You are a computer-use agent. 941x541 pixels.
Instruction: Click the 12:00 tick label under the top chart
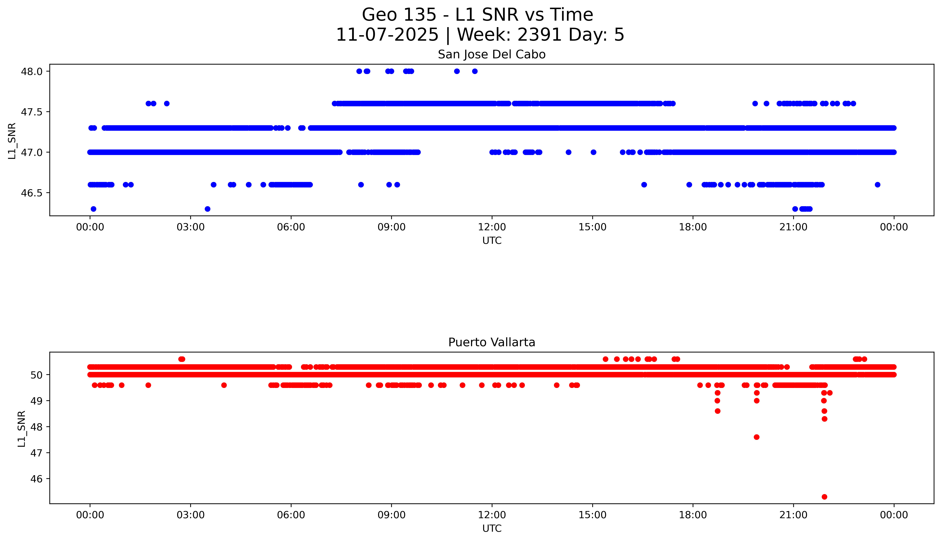(x=492, y=227)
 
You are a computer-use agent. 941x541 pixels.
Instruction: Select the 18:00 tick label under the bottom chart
(x=693, y=515)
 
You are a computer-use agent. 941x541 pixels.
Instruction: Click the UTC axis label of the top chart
(x=492, y=241)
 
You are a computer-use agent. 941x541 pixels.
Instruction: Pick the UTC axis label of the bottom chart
(x=492, y=528)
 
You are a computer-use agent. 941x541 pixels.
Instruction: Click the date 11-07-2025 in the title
(x=387, y=35)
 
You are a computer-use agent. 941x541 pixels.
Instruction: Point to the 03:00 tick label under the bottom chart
(x=191, y=515)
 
